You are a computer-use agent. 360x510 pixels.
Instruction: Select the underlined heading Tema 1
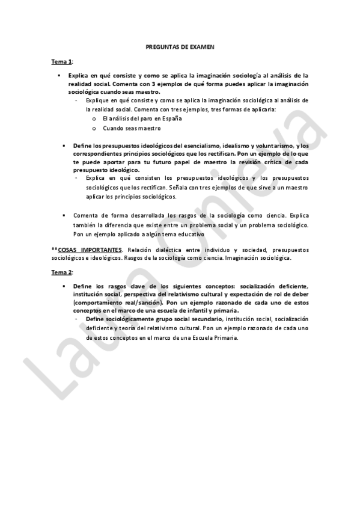[x=61, y=62]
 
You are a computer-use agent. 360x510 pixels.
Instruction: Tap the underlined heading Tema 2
[x=61, y=272]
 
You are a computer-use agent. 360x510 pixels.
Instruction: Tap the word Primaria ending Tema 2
[x=222, y=337]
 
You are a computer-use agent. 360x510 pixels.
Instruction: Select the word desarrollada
[x=145, y=215]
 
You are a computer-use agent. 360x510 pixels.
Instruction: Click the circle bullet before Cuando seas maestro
[x=94, y=128]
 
